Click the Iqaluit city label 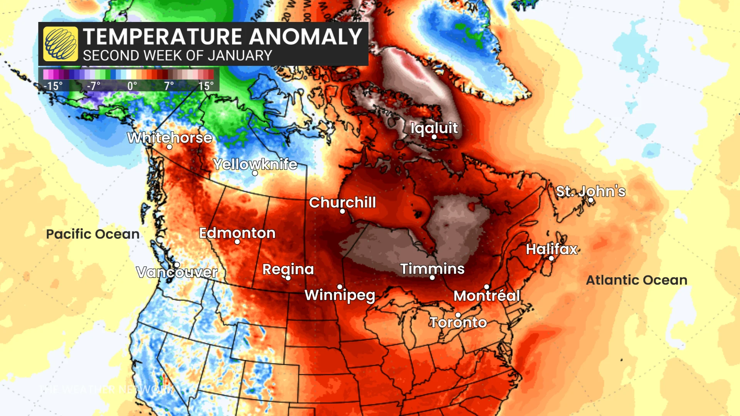coord(434,128)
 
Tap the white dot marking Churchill coord(342,211)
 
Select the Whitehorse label coord(170,138)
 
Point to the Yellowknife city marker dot coord(255,173)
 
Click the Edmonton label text coord(237,233)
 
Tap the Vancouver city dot coord(177,265)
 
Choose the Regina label coord(288,269)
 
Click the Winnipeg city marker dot coord(340,287)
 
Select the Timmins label coord(432,268)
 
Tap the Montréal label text coord(486,296)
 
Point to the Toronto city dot coord(458,315)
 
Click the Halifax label coord(552,249)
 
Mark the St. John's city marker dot coord(590,200)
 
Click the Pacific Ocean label coord(92,234)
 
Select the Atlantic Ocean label coord(636,280)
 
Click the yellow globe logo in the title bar coord(61,44)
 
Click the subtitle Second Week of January coord(177,56)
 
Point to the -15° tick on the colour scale coord(53,86)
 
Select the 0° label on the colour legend coord(132,86)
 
